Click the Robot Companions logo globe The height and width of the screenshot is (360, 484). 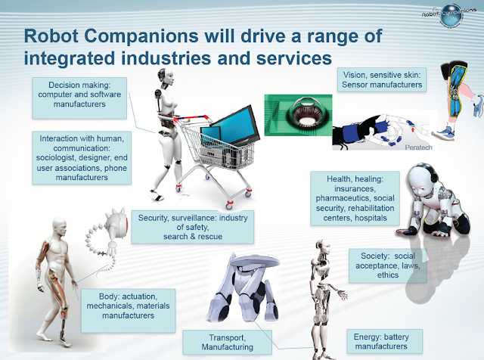(451, 16)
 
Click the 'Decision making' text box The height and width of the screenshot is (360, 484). (79, 98)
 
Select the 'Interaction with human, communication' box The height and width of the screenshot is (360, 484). (82, 158)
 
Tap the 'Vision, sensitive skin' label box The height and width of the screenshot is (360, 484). (381, 79)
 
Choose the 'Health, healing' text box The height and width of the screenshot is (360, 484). (355, 198)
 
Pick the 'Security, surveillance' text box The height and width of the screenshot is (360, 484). (193, 227)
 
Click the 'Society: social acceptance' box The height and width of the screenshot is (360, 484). (388, 265)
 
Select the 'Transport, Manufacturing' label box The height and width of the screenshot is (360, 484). (227, 342)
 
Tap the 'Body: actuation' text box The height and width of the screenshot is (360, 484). (128, 310)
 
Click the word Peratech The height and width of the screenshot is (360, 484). (418, 147)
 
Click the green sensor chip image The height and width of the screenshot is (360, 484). (298, 115)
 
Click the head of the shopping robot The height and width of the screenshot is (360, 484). (165, 76)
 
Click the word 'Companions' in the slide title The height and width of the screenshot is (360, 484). (141, 36)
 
